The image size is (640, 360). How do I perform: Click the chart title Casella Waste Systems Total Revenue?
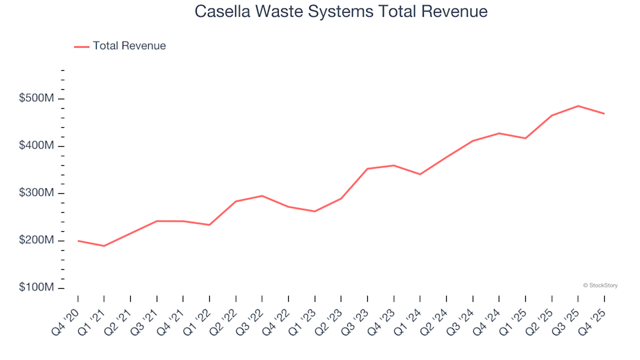click(x=341, y=12)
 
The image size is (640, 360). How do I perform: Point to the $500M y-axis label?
click(x=36, y=99)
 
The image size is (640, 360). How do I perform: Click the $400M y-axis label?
click(x=36, y=146)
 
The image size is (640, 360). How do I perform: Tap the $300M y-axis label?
click(x=36, y=193)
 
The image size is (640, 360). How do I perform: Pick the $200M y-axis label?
click(x=36, y=241)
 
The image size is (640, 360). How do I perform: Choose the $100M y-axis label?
click(x=36, y=288)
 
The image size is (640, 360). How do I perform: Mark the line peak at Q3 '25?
click(x=578, y=106)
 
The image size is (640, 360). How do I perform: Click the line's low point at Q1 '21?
click(x=104, y=246)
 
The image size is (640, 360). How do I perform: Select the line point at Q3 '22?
click(x=262, y=196)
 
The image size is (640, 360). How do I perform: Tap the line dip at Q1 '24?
click(x=420, y=174)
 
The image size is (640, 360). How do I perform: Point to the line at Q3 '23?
click(x=367, y=169)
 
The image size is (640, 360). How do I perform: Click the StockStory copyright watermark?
click(x=600, y=285)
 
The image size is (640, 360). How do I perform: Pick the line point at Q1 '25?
click(x=525, y=138)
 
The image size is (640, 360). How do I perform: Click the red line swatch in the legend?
click(x=81, y=47)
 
